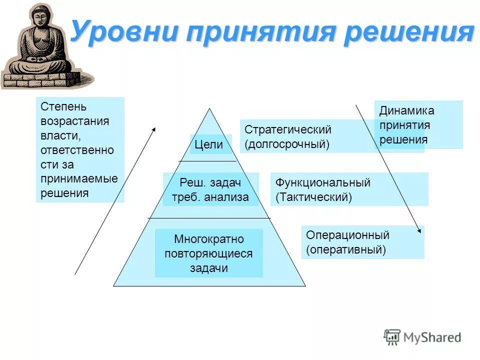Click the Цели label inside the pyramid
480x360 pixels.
click(209, 145)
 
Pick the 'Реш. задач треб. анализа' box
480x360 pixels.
click(210, 190)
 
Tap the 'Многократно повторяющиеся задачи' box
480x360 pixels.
click(209, 253)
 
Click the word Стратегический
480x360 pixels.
click(288, 129)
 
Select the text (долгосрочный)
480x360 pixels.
click(287, 144)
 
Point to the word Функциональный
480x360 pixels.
click(323, 182)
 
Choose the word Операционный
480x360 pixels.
click(347, 235)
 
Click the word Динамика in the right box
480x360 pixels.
click(406, 110)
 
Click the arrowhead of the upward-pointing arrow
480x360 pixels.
click(154, 129)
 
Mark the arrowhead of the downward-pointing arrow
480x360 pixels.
click(419, 230)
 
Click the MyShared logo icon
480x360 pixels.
click(392, 337)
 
